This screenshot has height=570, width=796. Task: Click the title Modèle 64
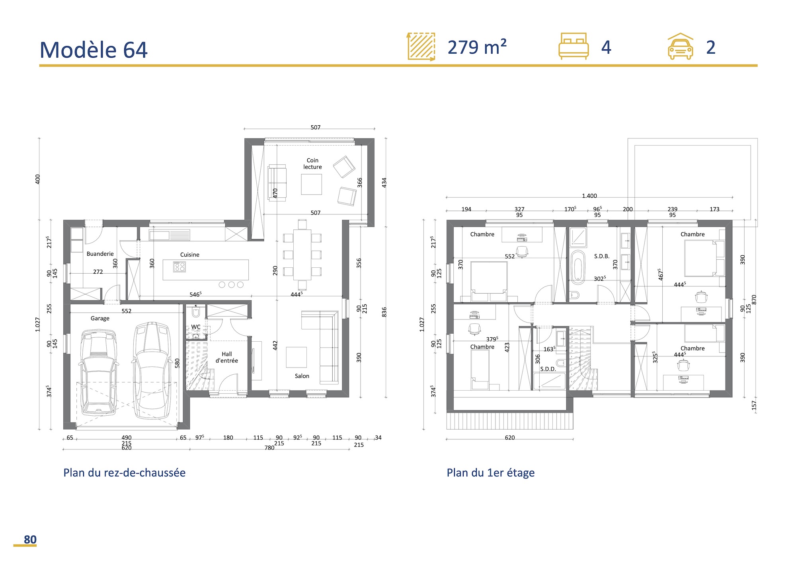click(x=94, y=50)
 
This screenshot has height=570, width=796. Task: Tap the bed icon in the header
click(x=574, y=47)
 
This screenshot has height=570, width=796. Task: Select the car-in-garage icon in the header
click(x=680, y=47)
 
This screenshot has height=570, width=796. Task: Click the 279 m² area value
click(x=477, y=47)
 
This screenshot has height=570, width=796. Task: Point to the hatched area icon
click(x=421, y=47)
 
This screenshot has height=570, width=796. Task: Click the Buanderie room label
click(x=100, y=254)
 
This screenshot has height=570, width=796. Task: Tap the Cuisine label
click(x=189, y=255)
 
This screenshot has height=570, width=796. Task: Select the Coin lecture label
click(x=312, y=163)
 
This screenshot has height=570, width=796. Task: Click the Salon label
click(x=302, y=376)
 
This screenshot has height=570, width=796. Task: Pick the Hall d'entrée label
click(x=227, y=357)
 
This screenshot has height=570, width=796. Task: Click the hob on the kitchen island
click(x=179, y=267)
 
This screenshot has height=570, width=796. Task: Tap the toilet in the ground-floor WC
click(x=195, y=312)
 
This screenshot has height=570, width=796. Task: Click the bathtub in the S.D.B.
click(x=577, y=267)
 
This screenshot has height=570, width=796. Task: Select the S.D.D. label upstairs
click(x=548, y=369)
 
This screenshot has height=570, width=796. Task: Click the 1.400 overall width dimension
click(x=589, y=196)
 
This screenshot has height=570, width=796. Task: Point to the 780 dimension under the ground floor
click(x=269, y=447)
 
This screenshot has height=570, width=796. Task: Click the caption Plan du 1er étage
click(x=490, y=473)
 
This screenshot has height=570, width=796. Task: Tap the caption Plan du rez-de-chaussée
click(x=124, y=473)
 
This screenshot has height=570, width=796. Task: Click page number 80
click(x=30, y=539)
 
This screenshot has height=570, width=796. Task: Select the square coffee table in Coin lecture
click(x=311, y=185)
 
